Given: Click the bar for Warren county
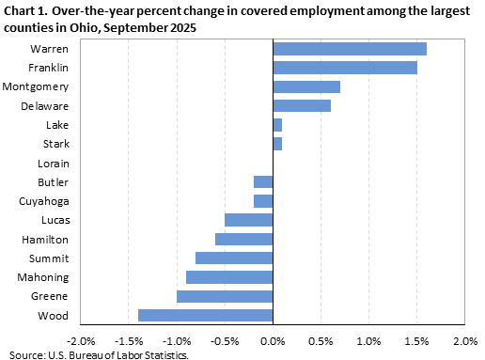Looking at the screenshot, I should [349, 49].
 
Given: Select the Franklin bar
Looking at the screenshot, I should [344, 68].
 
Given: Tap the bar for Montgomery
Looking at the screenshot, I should [305, 86].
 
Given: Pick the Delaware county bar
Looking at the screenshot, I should [301, 105].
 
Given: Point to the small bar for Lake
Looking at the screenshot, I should [277, 124].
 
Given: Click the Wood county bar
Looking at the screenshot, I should [205, 315].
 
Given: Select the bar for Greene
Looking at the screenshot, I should [225, 296].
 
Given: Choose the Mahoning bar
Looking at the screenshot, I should [229, 277].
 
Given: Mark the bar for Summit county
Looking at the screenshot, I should [234, 258].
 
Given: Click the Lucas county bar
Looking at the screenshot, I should [248, 220].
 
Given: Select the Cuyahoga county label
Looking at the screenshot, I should [43, 201].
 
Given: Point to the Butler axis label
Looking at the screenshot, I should [53, 181].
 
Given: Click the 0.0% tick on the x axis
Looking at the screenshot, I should [273, 339].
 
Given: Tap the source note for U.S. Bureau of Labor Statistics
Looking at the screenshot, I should [98, 354].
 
